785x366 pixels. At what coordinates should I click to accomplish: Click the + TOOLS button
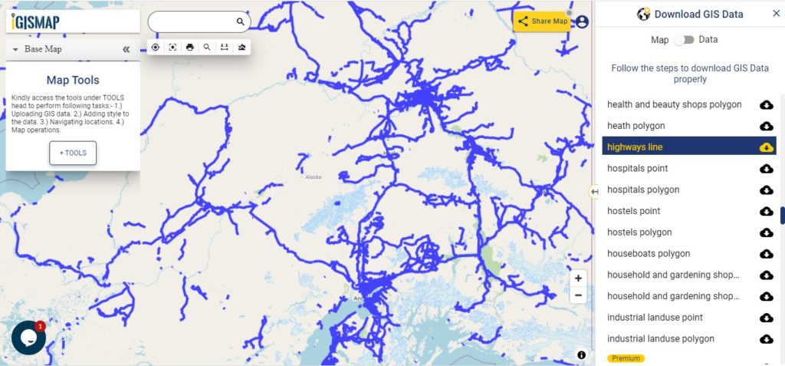tap(73, 153)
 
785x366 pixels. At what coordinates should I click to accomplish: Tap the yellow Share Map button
tap(543, 21)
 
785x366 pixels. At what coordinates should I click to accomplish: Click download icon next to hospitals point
tap(766, 169)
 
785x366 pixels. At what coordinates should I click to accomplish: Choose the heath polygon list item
tap(636, 126)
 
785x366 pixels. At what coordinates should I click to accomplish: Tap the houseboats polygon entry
tap(649, 253)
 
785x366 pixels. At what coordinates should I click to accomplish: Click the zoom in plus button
tap(578, 279)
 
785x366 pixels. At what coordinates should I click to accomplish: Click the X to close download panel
tap(776, 14)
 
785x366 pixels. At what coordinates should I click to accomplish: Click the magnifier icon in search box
tap(240, 22)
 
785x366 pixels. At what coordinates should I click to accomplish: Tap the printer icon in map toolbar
tap(189, 47)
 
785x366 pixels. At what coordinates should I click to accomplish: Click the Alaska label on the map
tap(314, 177)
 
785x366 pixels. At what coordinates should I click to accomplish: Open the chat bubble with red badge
tap(28, 338)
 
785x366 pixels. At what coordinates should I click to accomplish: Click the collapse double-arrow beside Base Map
tap(126, 49)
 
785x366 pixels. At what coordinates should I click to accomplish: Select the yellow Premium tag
tap(626, 358)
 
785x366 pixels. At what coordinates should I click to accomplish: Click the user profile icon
tap(582, 21)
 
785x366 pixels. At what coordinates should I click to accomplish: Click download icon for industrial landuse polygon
tap(766, 339)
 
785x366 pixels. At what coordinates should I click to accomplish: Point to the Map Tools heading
tap(73, 80)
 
